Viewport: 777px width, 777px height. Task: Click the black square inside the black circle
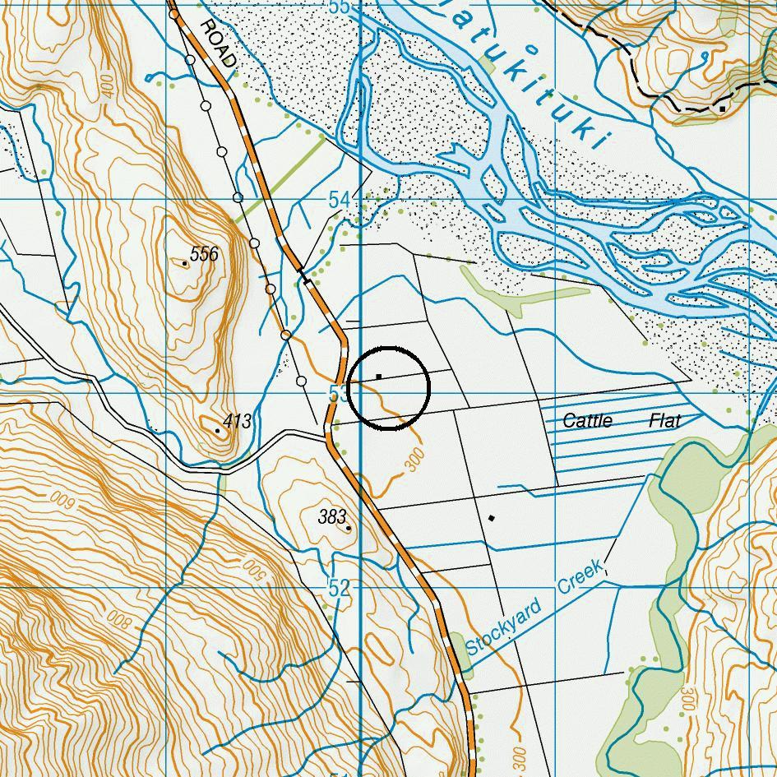click(x=378, y=377)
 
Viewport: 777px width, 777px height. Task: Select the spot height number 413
click(x=237, y=422)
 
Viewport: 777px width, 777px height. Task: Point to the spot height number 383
click(x=331, y=517)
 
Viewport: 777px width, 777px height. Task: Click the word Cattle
click(x=587, y=421)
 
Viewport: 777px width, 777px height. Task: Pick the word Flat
click(x=665, y=421)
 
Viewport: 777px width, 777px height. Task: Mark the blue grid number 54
click(x=340, y=200)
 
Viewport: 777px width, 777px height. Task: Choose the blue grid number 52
click(x=339, y=589)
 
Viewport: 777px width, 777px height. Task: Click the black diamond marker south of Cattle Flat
click(x=492, y=518)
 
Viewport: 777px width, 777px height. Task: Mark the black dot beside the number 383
click(x=349, y=528)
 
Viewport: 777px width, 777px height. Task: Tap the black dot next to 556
click(x=184, y=263)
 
